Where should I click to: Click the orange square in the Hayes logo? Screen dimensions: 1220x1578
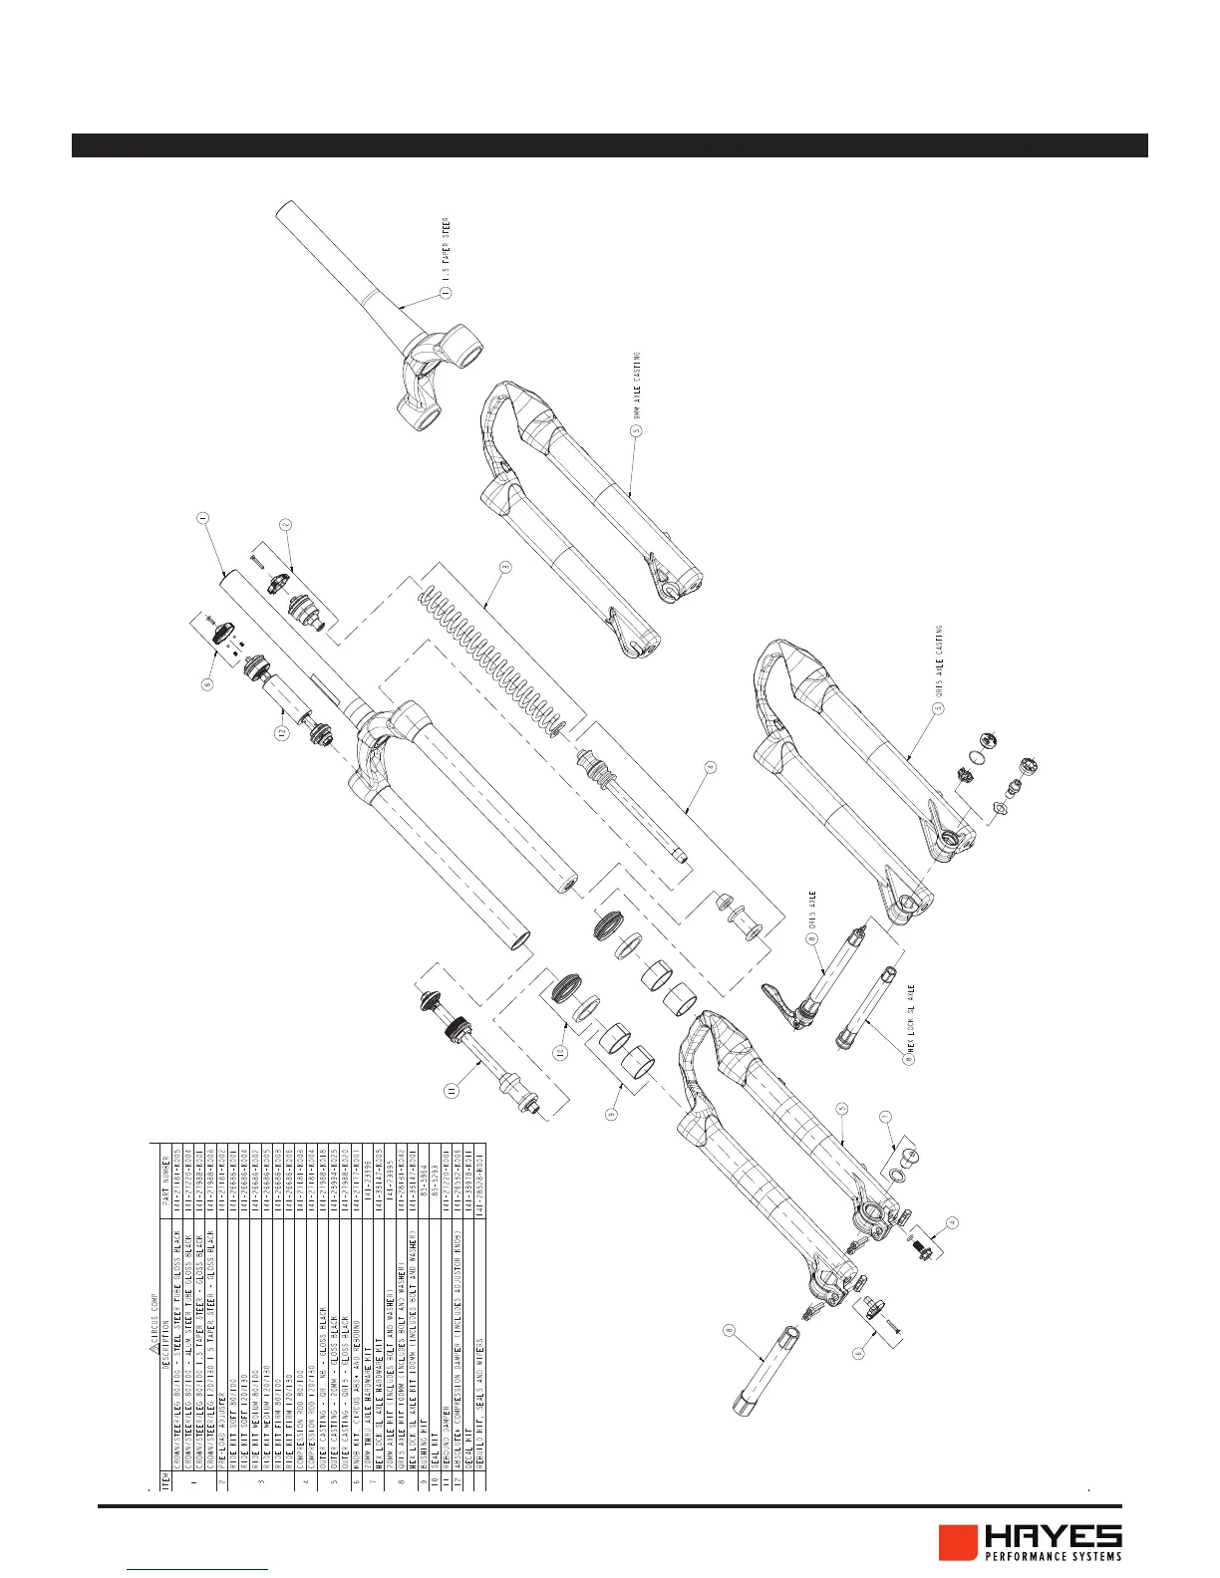tap(956, 1543)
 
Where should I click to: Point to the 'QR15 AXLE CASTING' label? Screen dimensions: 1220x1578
tap(939, 662)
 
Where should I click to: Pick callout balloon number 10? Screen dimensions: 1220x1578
tap(560, 1051)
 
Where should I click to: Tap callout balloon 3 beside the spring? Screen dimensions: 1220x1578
tap(505, 567)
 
